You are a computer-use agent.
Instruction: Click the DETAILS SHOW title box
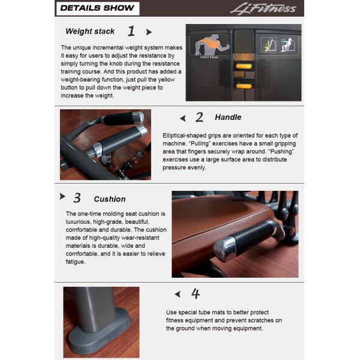(97, 8)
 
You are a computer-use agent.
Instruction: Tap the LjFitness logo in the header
(263, 8)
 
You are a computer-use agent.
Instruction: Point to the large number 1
(131, 31)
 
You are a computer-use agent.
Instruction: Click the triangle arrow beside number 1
(149, 32)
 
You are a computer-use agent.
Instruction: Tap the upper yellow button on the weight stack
(244, 65)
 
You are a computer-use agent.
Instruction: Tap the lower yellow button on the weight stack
(244, 86)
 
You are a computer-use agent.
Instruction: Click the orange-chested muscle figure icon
(208, 46)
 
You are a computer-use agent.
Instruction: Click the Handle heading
(228, 118)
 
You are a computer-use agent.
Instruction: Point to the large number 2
(199, 118)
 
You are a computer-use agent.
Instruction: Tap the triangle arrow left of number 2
(183, 118)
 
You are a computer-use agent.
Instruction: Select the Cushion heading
(110, 199)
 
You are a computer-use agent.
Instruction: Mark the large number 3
(77, 198)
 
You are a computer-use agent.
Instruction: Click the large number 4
(195, 294)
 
